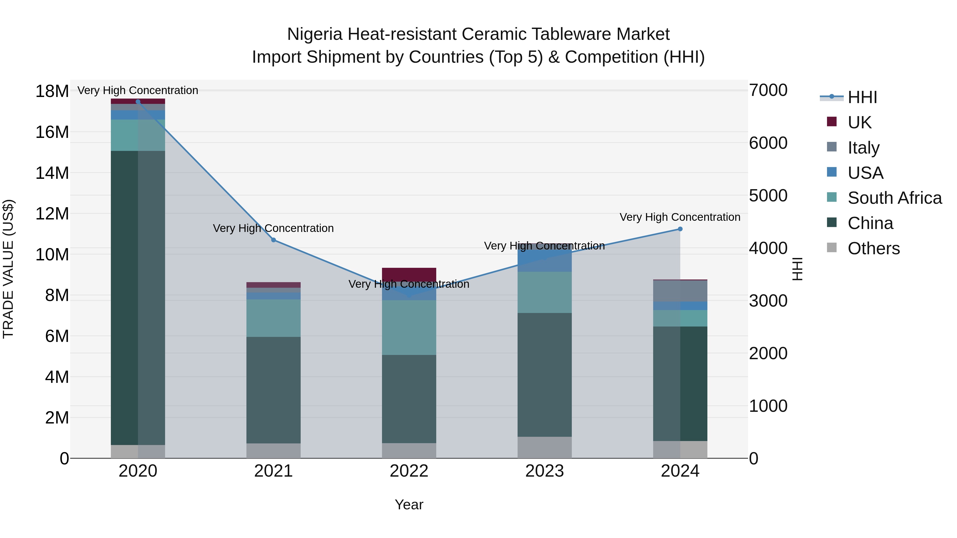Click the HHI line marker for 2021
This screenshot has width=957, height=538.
[x=274, y=240]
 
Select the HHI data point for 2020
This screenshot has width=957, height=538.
[x=138, y=102]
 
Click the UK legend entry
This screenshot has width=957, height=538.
[x=859, y=122]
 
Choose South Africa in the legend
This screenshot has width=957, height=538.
[x=894, y=198]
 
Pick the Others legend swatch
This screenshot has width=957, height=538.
[x=832, y=248]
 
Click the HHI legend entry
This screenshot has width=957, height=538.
[x=862, y=97]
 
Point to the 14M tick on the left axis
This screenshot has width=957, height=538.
[x=52, y=173]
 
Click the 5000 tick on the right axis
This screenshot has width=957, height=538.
[x=768, y=196]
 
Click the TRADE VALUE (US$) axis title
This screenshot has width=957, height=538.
[x=8, y=269]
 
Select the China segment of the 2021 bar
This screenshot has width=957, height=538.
[x=274, y=390]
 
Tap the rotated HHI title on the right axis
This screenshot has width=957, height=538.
[x=797, y=269]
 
